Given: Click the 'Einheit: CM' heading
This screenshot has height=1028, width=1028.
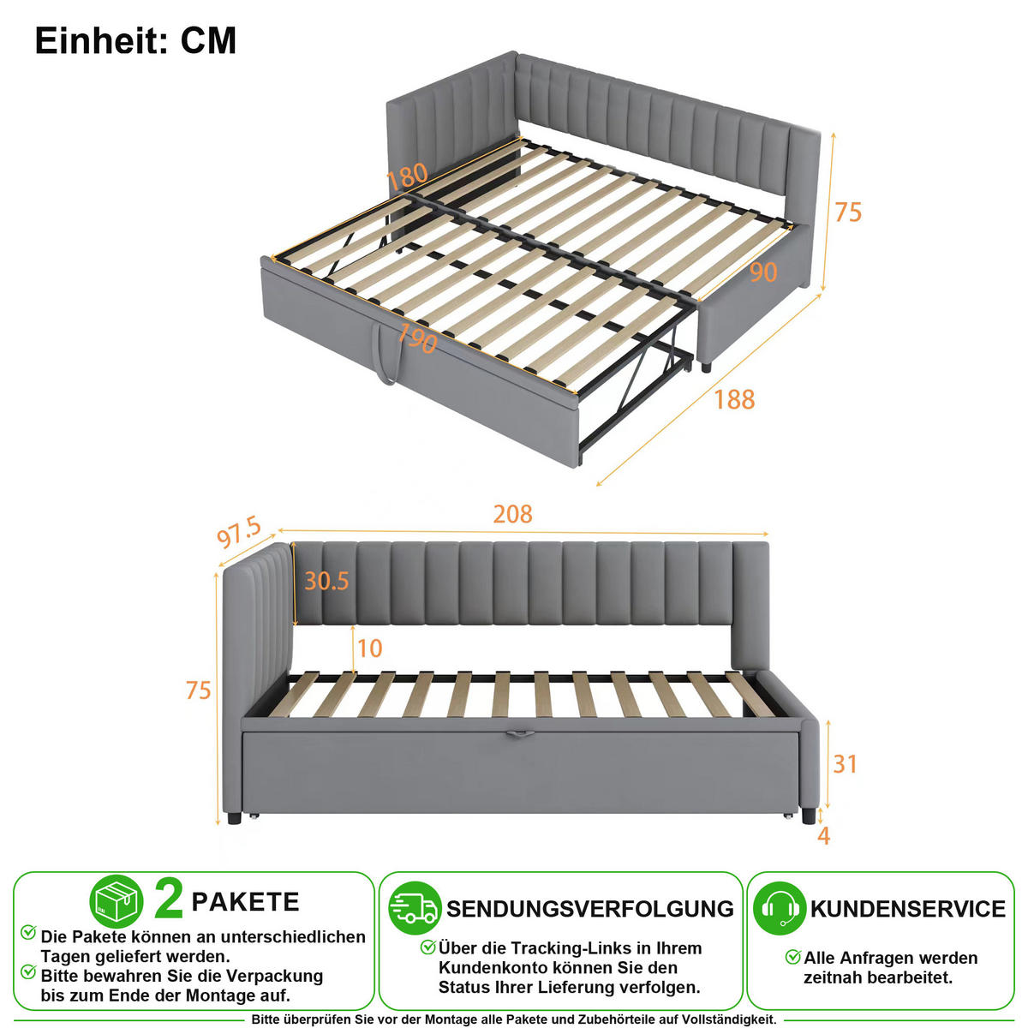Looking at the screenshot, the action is tap(135, 40).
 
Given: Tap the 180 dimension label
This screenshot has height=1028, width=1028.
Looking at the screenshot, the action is tap(407, 176).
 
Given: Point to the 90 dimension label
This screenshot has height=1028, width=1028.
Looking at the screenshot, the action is tap(763, 272).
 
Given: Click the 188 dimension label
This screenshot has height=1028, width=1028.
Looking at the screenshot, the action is tap(734, 399).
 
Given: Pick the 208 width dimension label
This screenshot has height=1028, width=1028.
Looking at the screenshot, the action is tap(512, 514).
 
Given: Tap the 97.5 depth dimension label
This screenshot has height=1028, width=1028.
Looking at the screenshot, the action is tap(239, 532).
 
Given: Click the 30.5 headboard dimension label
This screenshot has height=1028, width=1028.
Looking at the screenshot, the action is tap(326, 581).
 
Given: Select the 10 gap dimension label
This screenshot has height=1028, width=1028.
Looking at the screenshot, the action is tap(370, 648).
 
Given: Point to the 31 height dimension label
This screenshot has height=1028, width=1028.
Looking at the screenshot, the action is tap(845, 764).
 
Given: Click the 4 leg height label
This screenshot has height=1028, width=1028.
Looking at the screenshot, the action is tap(823, 836).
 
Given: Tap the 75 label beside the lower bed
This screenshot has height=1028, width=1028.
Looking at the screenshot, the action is tap(199, 690).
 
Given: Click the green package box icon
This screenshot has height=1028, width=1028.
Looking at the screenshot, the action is tap(117, 901).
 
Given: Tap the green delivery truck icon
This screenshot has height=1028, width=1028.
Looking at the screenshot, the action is tap(415, 908).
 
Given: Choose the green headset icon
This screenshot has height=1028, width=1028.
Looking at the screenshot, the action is tap(779, 908).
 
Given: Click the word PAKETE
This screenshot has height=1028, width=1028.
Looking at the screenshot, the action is tap(245, 902).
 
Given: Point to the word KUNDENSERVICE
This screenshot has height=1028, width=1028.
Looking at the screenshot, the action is tap(908, 909).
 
